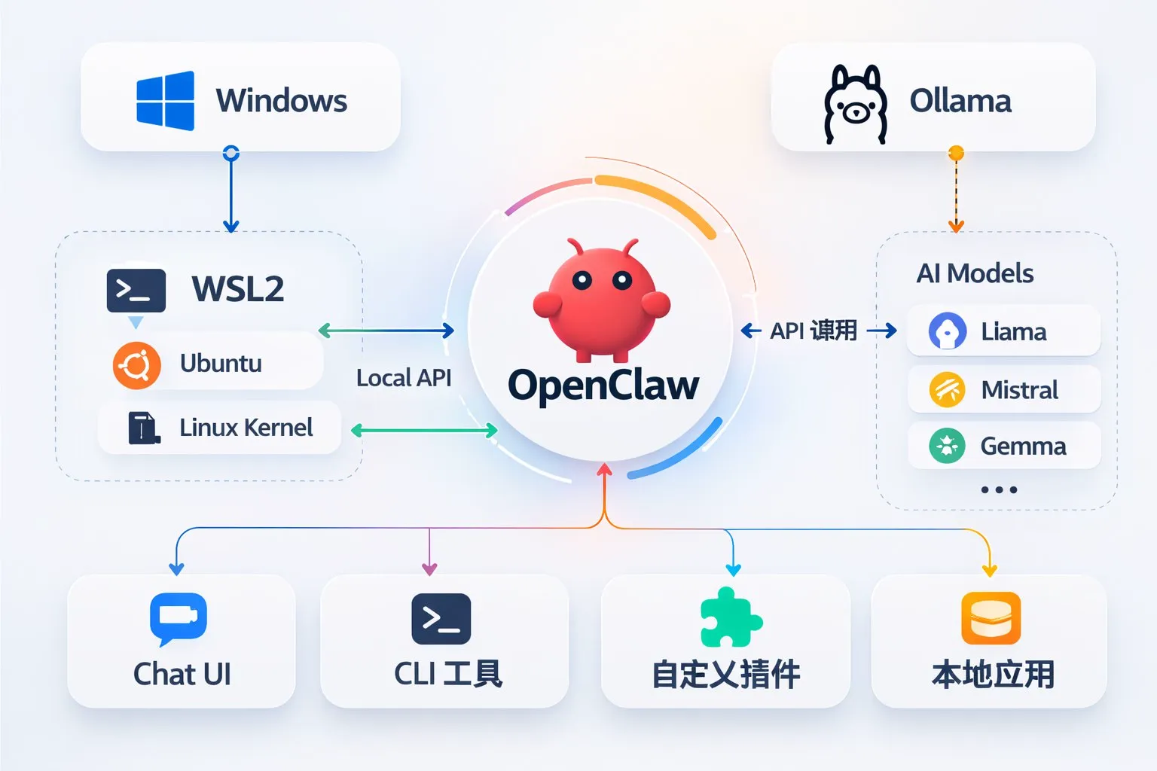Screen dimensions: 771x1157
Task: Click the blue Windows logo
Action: click(x=166, y=101)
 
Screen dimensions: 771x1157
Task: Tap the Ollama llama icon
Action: click(x=854, y=104)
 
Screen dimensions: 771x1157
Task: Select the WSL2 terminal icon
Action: click(x=136, y=290)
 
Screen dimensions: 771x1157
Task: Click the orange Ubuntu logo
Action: click(x=136, y=365)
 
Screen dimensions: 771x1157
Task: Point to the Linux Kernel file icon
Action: click(x=143, y=428)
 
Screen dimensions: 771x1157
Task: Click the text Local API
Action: click(x=404, y=378)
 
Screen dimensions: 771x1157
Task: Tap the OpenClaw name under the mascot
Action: click(x=603, y=385)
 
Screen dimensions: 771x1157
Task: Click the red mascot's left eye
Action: click(x=582, y=281)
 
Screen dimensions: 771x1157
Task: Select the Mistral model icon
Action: click(x=947, y=390)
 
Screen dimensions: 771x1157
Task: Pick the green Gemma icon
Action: click(x=947, y=446)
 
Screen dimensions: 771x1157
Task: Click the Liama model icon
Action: click(x=947, y=331)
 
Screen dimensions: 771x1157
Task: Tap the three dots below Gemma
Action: click(x=999, y=489)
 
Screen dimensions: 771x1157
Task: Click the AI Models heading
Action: click(x=975, y=273)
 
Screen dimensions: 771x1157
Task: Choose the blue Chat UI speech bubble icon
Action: click(x=179, y=618)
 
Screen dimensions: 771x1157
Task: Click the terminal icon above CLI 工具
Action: click(x=441, y=618)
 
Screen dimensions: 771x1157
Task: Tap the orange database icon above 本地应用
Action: click(x=991, y=618)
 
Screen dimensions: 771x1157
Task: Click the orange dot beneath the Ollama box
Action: click(x=956, y=154)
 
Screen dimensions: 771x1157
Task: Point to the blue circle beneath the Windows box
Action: click(x=231, y=154)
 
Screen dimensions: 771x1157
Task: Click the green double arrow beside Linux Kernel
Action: click(x=424, y=431)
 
